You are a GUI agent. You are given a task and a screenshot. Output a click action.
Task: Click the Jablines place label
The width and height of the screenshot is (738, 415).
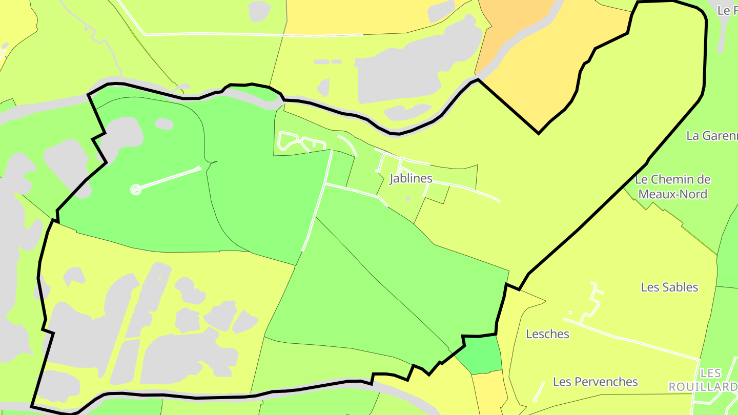(x=411, y=178)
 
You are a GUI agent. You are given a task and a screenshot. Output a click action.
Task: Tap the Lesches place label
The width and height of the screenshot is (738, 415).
(x=547, y=334)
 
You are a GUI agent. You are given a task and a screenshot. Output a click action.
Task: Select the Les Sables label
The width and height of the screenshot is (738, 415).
(x=669, y=287)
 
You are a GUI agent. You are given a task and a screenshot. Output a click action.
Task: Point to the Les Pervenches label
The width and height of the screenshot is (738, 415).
(x=595, y=382)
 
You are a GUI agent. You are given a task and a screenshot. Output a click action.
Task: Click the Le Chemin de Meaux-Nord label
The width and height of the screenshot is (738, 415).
(x=672, y=187)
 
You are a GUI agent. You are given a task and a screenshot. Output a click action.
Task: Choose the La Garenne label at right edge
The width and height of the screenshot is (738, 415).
(x=711, y=136)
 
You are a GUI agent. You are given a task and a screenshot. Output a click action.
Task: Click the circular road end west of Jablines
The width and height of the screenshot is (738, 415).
(x=135, y=190)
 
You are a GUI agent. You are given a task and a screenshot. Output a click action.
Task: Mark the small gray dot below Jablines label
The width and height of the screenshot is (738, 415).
(x=408, y=199)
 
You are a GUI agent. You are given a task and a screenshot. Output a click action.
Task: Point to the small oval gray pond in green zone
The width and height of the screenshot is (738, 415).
(x=164, y=123)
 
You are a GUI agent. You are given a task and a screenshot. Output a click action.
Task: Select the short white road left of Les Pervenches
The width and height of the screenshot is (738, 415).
(x=539, y=391)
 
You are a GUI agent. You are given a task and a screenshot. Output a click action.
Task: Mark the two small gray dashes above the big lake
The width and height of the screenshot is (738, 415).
(x=327, y=61)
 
